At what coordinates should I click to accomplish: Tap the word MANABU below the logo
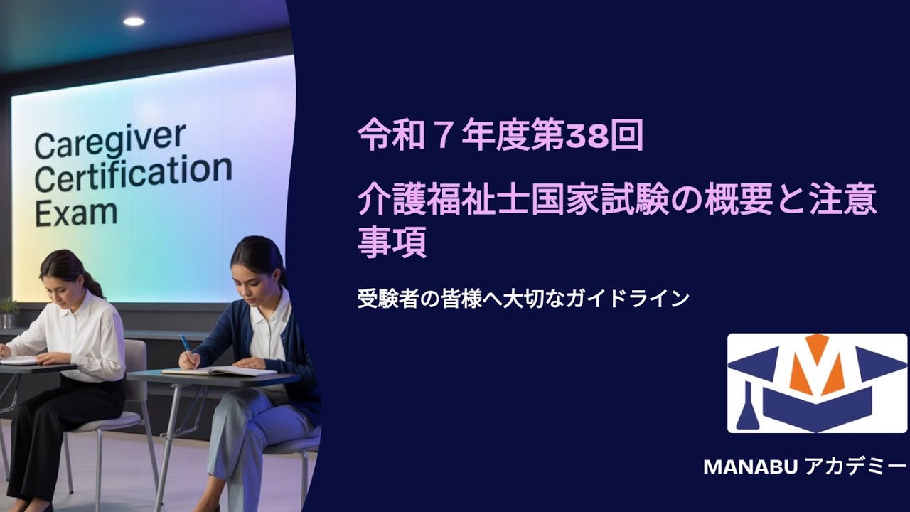click(x=751, y=466)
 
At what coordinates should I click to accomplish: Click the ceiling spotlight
click(x=134, y=21)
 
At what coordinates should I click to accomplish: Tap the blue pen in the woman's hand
click(x=186, y=346)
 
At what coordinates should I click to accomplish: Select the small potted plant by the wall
click(x=9, y=311)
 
